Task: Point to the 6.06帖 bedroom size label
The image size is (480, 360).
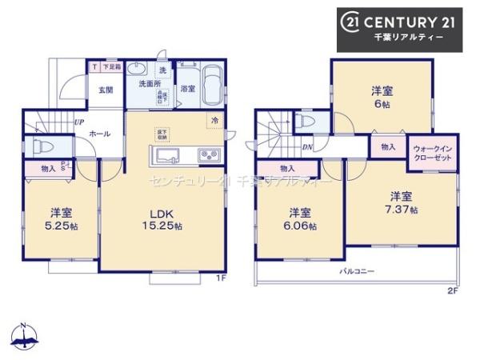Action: [300, 225]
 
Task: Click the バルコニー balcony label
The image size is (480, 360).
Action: [356, 272]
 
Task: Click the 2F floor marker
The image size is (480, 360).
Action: [453, 290]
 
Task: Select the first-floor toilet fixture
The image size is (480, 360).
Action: [39, 147]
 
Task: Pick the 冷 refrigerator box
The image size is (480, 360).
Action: [214, 120]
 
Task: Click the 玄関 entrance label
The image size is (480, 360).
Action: [106, 90]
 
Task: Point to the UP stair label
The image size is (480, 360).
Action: [78, 122]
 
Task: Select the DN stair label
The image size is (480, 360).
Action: [306, 146]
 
